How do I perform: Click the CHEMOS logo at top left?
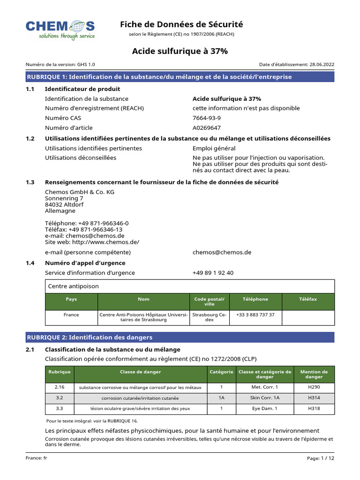(60, 30)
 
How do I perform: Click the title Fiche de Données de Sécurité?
(181, 24)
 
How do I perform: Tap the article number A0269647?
(207, 128)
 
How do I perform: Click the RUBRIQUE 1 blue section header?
(180, 77)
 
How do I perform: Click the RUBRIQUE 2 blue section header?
(180, 337)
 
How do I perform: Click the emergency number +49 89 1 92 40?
(213, 273)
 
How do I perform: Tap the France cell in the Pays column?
(71, 315)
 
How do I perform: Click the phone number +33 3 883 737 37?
(255, 315)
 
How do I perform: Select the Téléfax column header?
(308, 299)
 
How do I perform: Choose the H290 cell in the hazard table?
(314, 387)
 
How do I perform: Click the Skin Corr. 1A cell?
(265, 398)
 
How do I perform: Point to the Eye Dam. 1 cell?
(265, 409)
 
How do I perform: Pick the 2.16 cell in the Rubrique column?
(60, 387)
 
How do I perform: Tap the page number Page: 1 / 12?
(321, 458)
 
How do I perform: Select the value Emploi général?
(214, 149)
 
